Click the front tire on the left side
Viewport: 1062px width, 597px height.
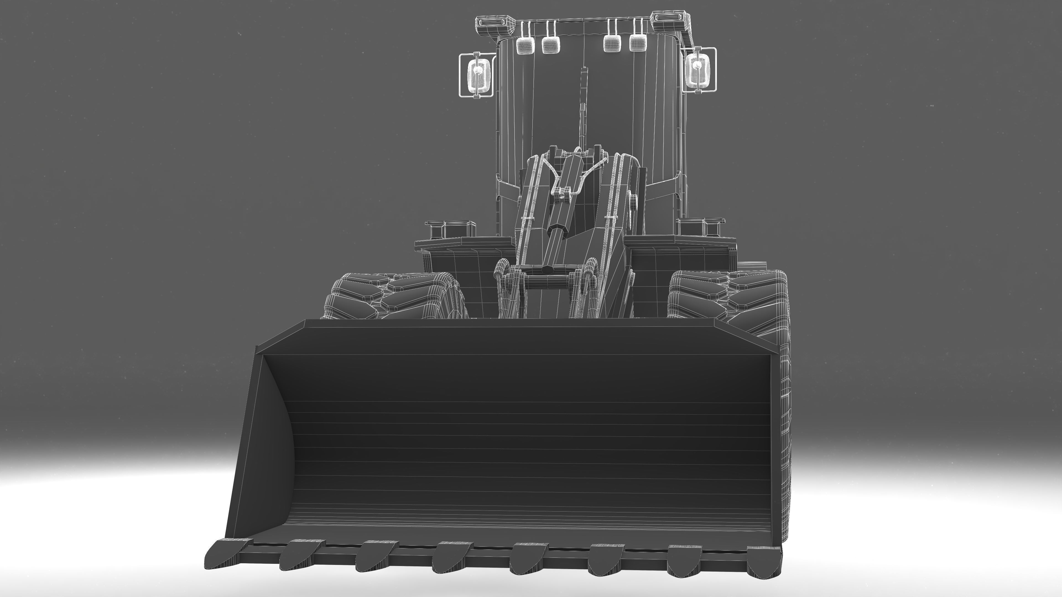coord(396,295)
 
